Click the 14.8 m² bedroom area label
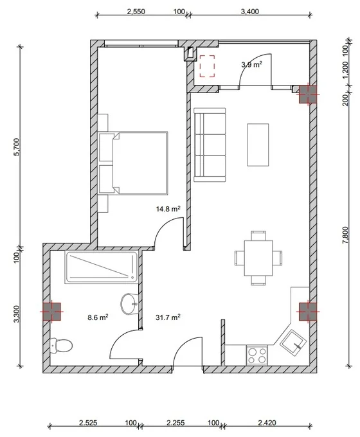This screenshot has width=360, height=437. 168,208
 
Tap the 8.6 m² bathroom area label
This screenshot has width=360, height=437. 98,317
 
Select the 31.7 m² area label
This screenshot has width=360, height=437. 168,317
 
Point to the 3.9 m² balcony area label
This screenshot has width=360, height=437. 251,65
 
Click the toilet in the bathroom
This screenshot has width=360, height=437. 61,346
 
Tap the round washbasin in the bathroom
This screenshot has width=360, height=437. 129,304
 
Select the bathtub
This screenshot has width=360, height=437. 102,267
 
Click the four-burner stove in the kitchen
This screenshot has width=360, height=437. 257,355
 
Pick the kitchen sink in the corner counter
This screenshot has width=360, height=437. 293,343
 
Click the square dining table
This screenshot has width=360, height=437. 258,258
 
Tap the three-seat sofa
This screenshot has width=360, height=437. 210,145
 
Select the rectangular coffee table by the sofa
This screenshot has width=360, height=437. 258,145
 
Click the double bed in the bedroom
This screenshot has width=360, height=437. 133,163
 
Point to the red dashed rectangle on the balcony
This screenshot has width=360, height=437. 207,66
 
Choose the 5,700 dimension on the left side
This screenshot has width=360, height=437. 17,147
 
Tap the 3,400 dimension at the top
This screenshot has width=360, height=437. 250,12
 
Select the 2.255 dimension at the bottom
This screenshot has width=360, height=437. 175,423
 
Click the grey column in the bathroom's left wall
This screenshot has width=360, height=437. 51,311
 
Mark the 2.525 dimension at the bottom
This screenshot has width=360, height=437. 88,423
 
